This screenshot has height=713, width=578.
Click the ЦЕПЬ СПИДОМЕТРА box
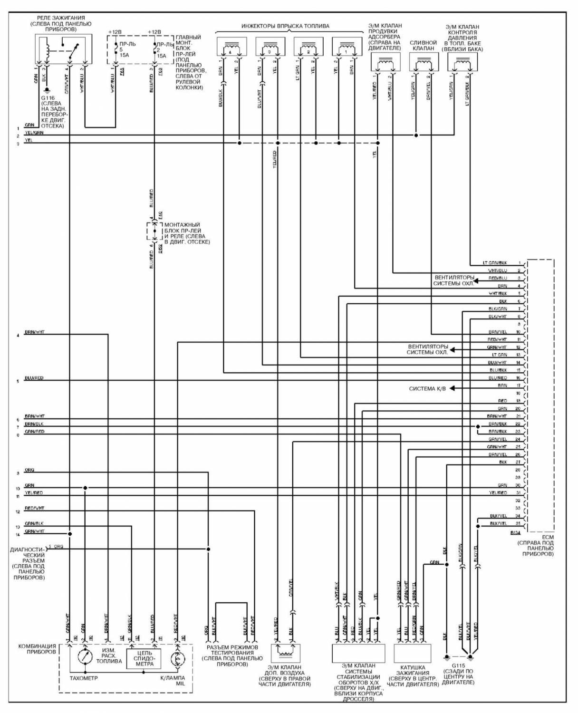pyautogui.click(x=144, y=658)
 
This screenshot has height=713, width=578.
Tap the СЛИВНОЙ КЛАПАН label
pyautogui.click(x=423, y=45)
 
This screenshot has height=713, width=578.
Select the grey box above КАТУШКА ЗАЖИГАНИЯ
pyautogui.click(x=412, y=654)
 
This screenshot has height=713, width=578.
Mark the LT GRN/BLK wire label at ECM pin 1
pyautogui.click(x=495, y=263)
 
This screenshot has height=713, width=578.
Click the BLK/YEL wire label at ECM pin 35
pyautogui.click(x=498, y=523)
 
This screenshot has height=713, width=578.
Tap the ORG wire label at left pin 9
pyautogui.click(x=29, y=470)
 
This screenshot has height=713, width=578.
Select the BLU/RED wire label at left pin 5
pyautogui.click(x=34, y=378)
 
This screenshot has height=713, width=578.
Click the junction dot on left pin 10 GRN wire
pyautogui.click(x=85, y=488)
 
